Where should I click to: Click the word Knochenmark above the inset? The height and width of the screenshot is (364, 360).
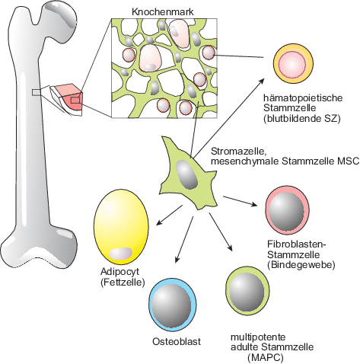tap(163, 12)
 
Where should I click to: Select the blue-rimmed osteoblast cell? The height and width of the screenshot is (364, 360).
tap(173, 305)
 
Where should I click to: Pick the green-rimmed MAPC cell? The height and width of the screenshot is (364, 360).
tap(247, 291)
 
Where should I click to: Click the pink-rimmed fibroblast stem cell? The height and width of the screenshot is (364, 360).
tap(288, 210)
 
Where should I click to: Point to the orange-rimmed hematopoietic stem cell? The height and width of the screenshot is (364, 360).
tap(292, 64)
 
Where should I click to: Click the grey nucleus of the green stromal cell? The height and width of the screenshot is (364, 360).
tap(186, 174)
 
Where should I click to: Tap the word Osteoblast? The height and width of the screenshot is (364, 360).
tap(177, 341)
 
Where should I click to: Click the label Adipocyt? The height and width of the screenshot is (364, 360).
tap(119, 272)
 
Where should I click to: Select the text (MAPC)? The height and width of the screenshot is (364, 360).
tap(265, 358)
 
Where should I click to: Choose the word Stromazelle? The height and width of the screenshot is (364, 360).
tap(238, 152)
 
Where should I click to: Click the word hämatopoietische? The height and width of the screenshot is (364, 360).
tap(303, 97)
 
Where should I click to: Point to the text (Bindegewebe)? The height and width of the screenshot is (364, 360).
tap(301, 264)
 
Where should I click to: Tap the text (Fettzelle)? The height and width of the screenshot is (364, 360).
tap(123, 282)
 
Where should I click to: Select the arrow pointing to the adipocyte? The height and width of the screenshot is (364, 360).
tap(169, 216)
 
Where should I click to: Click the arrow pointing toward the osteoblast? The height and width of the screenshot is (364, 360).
tap(184, 239)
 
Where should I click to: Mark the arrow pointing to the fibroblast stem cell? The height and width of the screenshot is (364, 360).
tap(241, 201)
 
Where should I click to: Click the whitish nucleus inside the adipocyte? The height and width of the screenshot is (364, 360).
tap(121, 254)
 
